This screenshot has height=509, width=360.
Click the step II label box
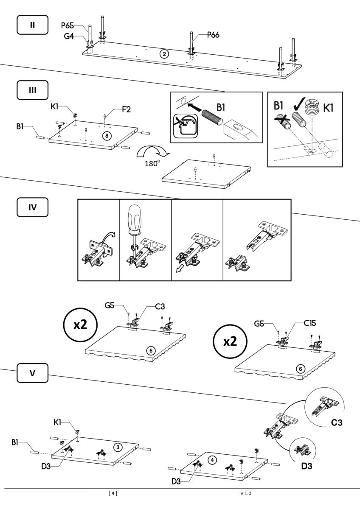coord(33,25)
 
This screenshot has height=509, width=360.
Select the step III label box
coord(33,90)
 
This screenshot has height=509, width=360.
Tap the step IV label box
coord(33,207)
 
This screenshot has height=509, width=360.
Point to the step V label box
coord(33,373)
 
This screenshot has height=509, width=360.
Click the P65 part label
coord(67,25)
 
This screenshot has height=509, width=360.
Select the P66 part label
coord(213,35)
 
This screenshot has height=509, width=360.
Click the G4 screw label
coord(69,36)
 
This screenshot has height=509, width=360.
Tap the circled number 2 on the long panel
coord(164,54)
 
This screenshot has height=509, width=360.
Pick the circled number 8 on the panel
coord(107,136)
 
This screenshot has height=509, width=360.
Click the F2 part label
coord(127,109)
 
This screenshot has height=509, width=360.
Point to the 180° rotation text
coord(152,163)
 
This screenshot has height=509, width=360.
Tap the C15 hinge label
coord(310,323)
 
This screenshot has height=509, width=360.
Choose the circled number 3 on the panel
coord(118,447)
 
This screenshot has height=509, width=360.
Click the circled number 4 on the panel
coord(212,460)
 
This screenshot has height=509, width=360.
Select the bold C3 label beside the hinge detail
coord(337,422)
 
